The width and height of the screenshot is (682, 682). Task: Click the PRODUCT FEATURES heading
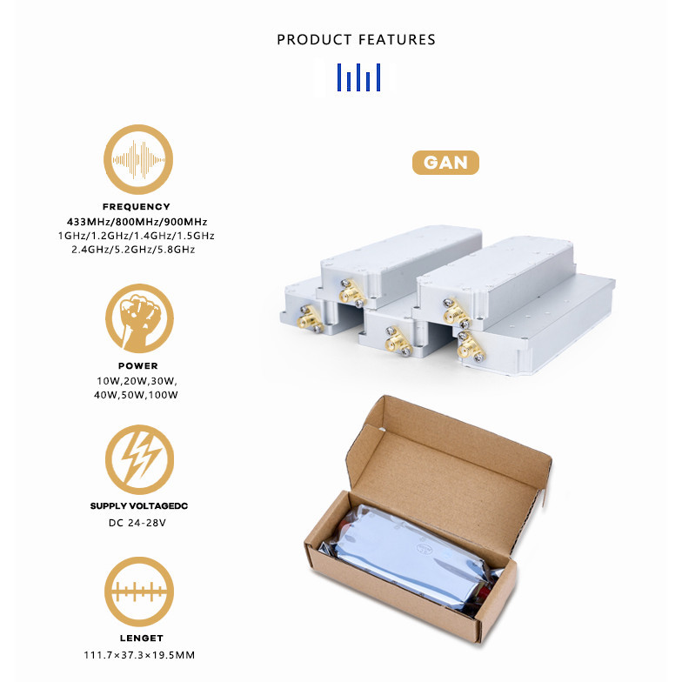pos(356,40)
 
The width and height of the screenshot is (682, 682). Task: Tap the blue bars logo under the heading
pos(358,77)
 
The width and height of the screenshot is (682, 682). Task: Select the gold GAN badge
pos(445,163)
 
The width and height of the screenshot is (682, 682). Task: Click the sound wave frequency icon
pos(138,160)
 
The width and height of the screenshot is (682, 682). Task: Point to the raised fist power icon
pos(139,318)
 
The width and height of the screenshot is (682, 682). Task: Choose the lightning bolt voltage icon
pos(139,459)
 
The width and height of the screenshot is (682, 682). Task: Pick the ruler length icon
pos(139,592)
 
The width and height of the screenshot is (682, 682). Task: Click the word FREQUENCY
pos(136,207)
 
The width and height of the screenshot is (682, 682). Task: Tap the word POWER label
pos(137,365)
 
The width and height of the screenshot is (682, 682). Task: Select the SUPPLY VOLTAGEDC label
pos(139,506)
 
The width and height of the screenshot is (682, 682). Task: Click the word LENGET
pos(141,639)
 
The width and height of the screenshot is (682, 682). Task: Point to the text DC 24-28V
pos(137,522)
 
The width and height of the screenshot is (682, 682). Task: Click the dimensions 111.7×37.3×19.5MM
pos(139,654)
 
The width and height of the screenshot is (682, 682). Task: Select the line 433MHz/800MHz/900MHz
pos(137,222)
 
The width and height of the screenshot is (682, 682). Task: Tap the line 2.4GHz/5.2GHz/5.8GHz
pos(134,250)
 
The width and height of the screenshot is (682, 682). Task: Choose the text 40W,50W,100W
pos(136,395)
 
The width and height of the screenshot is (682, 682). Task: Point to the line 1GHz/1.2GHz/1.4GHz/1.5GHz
pos(136,236)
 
